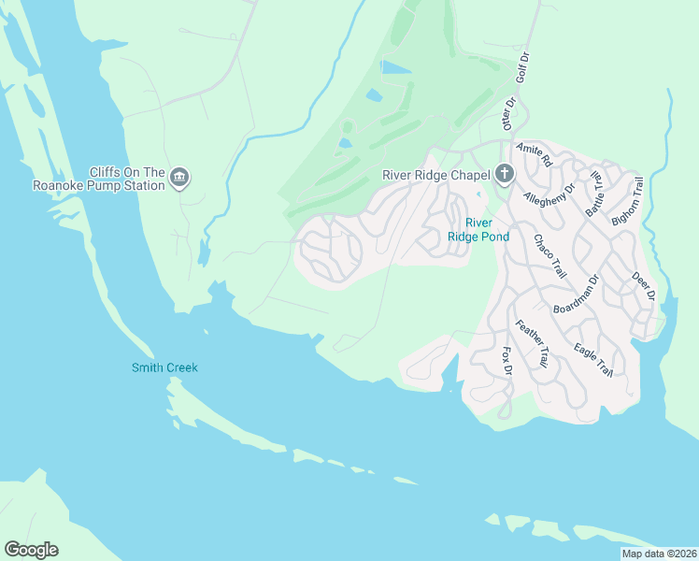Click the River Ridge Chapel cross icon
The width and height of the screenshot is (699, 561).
[504, 174]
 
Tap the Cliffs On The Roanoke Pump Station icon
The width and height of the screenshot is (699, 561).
[180, 178]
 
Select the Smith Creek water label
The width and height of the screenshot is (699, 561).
[164, 367]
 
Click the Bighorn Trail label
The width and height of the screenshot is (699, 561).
[628, 201]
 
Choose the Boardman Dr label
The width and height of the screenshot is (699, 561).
[575, 294]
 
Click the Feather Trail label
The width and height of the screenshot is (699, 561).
[531, 342]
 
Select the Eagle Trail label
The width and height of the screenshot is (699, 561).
[593, 359]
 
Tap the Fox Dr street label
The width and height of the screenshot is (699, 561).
[507, 362]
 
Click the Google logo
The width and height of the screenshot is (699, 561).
[31, 550]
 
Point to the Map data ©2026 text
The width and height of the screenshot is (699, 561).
[658, 554]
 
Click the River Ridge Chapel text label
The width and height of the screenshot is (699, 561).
[436, 175]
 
